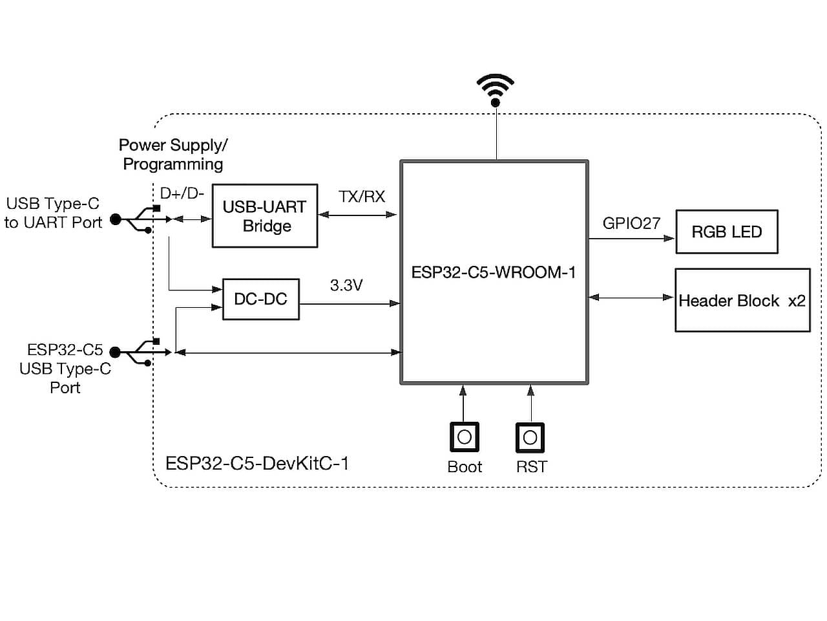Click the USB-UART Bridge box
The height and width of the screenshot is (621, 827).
click(265, 216)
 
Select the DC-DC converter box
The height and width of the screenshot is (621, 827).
click(260, 299)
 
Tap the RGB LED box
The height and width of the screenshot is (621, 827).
click(726, 232)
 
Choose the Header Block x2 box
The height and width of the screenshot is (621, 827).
click(742, 301)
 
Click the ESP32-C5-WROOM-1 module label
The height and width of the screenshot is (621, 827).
click(493, 272)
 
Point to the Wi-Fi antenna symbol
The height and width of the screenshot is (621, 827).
click(496, 89)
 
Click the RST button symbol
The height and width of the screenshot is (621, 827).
click(530, 437)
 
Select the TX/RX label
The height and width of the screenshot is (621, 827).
click(361, 197)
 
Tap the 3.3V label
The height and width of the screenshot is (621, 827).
click(346, 285)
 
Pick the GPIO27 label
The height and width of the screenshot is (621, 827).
click(631, 223)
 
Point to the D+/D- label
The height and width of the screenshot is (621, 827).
click(182, 193)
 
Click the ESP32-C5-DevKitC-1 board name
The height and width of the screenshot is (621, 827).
click(257, 463)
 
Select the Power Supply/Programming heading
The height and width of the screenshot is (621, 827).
click(173, 155)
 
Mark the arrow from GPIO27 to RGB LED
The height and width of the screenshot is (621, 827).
click(631, 239)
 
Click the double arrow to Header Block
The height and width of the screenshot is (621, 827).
click(631, 298)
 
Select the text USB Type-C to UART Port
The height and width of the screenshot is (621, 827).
click(53, 213)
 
